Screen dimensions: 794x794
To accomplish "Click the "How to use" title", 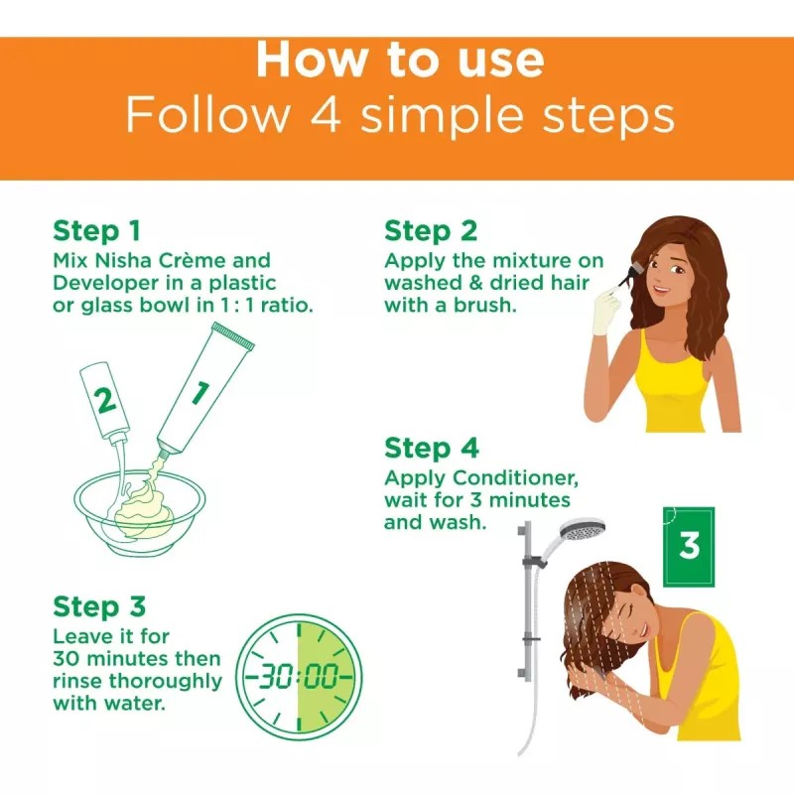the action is click(x=400, y=61).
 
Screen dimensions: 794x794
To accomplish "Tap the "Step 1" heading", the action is click(x=96, y=231).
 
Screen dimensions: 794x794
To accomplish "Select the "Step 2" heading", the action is click(x=431, y=231).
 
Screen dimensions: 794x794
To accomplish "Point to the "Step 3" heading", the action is click(x=99, y=606).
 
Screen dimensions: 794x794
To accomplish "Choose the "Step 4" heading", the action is click(x=432, y=449).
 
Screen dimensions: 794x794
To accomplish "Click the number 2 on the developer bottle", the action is click(x=105, y=401).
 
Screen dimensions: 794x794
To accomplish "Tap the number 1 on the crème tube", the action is click(x=200, y=393).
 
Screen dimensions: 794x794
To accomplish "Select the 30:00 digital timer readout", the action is click(x=299, y=676).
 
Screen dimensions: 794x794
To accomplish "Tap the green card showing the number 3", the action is click(x=689, y=547).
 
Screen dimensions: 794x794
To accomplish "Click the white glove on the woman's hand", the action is click(x=606, y=310).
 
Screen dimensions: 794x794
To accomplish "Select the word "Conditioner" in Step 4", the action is click(x=515, y=478).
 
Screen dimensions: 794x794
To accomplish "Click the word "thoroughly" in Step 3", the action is click(x=166, y=682).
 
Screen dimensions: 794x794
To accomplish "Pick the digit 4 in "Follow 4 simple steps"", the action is click(x=325, y=115).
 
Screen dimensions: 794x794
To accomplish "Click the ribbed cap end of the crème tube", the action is click(x=234, y=335).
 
